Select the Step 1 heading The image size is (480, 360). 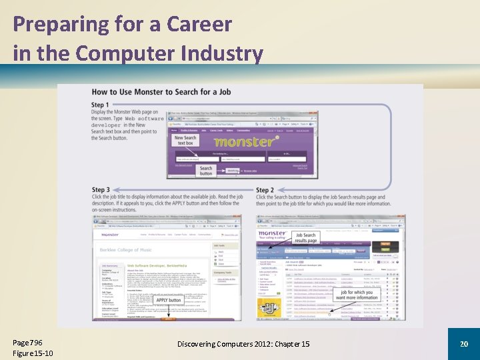100,105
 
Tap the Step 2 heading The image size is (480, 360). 265,191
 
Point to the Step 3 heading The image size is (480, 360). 101,191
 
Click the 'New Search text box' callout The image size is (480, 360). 185,140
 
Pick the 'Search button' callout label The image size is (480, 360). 206,171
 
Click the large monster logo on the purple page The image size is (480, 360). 244,141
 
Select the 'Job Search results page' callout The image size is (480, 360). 305,238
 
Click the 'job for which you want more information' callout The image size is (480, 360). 357,295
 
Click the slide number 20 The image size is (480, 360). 463,343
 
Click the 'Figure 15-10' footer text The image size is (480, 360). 33,353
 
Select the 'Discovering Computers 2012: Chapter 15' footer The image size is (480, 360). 243,343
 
